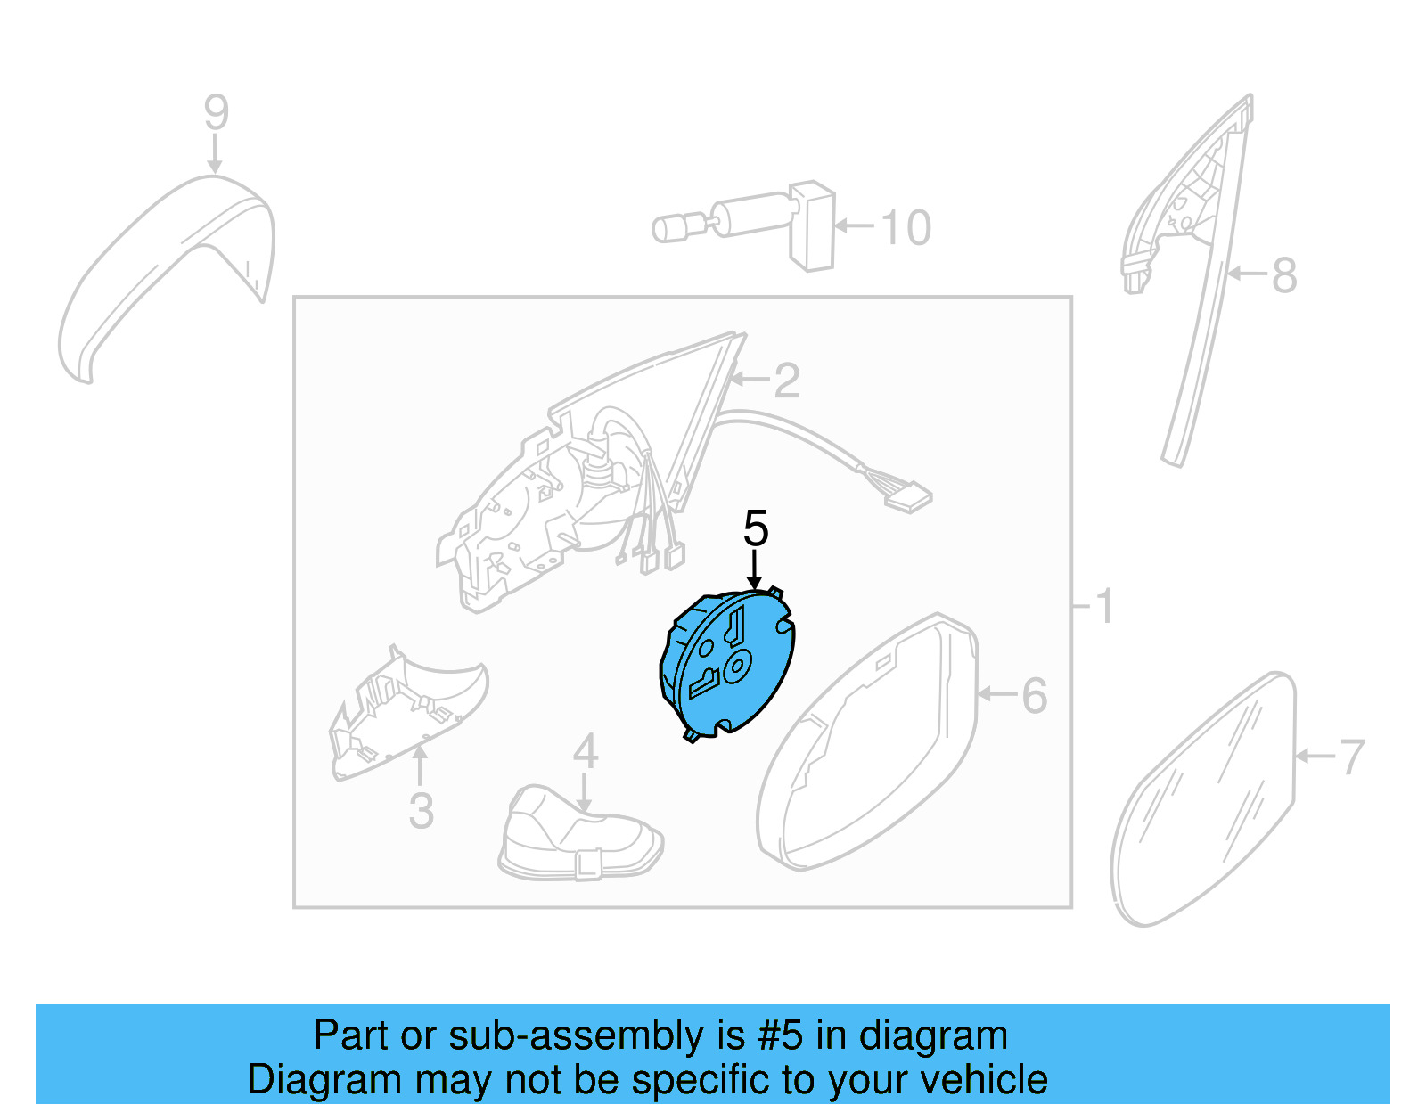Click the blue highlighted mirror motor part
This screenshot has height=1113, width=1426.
[726, 664]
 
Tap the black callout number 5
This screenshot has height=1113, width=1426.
[755, 529]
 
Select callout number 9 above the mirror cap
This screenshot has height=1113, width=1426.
[216, 113]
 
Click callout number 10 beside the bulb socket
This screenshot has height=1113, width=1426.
[906, 228]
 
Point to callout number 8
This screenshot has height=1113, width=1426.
[1283, 275]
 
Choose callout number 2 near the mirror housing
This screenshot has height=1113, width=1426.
[786, 381]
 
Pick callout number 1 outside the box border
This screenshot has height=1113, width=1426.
[1103, 607]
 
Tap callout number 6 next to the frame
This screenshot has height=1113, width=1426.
[1034, 696]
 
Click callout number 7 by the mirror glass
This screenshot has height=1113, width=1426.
[1351, 757]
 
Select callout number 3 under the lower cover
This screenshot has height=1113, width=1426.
[421, 811]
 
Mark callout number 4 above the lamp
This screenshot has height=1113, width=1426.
[585, 751]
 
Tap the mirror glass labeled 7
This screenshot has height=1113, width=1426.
[1203, 802]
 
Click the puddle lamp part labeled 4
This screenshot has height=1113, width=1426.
[579, 838]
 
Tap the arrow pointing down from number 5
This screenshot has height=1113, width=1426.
[755, 570]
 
